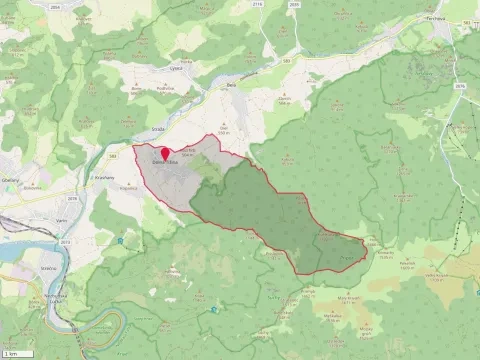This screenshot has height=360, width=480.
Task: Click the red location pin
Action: pos(165,153)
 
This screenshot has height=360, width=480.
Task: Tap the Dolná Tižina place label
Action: pos(166,163)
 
